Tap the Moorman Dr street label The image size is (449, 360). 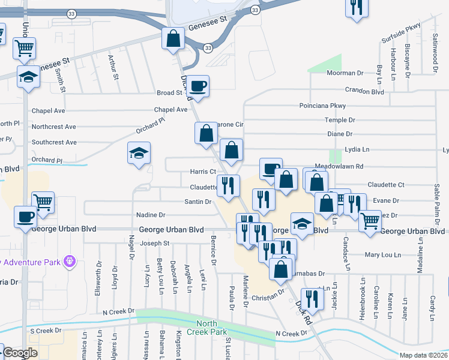pos(345,73)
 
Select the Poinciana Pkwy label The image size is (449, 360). pos(323,106)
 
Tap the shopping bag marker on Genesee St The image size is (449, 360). pos(173,38)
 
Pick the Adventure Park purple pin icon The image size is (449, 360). pos(70,261)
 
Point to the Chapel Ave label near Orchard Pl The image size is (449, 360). pos(171,110)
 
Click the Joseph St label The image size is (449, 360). pos(155,244)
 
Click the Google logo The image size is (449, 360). pos(20,353)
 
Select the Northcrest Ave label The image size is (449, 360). pos(54,127)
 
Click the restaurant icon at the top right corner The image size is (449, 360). pos(357,8)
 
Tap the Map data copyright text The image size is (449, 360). pos(423,355)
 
